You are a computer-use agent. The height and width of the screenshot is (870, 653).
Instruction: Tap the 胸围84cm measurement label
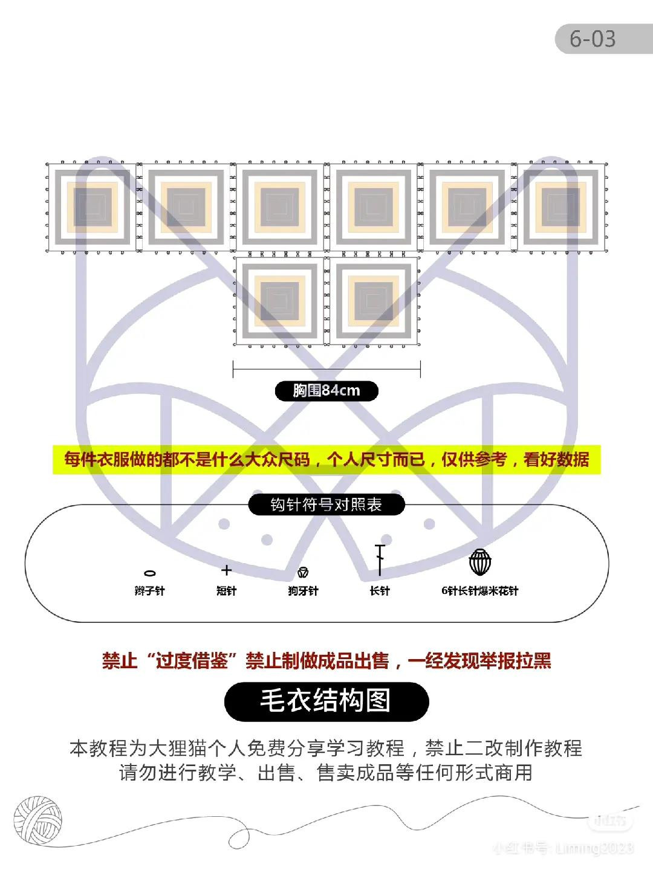pos(326,391)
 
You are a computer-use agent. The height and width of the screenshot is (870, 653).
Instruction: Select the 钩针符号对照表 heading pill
pos(326,504)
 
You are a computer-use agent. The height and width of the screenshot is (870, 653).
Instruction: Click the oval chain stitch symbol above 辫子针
pos(149,573)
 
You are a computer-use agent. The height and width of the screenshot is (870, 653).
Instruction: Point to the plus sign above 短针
pos(226,570)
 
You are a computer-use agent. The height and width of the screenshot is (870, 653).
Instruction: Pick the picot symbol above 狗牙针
pos(303,572)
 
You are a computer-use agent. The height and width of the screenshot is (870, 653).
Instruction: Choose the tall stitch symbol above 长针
pos(380,559)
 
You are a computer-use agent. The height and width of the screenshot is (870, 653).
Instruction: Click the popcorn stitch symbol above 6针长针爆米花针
pos(480,562)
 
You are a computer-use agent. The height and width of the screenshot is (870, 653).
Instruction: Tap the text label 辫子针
pos(149,591)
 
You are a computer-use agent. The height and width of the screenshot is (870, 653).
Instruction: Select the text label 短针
pos(226,591)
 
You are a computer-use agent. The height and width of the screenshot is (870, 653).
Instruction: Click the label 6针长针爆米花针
pos(480,591)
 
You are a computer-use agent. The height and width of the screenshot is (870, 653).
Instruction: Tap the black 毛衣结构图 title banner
pos(326,701)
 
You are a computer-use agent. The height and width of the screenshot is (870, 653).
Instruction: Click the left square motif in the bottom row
pos(279,301)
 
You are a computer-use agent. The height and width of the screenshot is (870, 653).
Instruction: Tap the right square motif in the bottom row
pos(373,301)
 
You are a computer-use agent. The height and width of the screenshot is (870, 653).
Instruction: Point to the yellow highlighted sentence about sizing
pos(326,460)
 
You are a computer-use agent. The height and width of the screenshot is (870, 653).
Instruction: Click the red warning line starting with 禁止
pos(326,660)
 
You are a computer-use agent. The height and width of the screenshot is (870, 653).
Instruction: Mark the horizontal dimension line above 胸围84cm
pos(326,368)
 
